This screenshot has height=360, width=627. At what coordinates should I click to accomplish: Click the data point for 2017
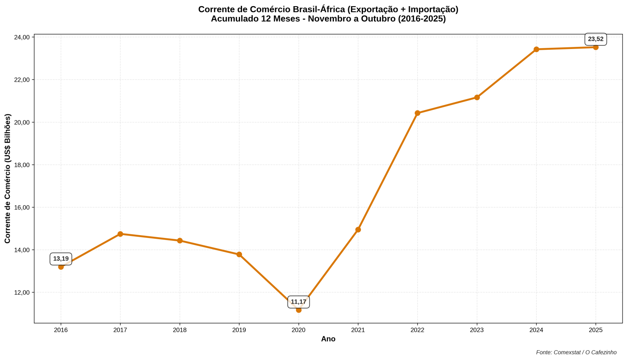tap(120, 234)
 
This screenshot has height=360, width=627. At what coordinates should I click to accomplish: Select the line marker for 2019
tap(239, 254)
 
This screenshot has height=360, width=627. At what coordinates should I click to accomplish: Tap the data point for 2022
tap(417, 113)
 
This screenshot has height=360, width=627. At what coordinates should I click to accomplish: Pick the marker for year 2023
tap(477, 98)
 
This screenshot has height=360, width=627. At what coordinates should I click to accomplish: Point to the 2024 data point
tap(536, 49)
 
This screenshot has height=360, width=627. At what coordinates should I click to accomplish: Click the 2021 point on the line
tap(358, 229)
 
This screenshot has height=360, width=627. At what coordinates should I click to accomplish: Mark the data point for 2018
tap(180, 240)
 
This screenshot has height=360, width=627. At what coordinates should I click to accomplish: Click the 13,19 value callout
tap(61, 259)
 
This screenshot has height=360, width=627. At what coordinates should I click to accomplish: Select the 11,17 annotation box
tap(298, 302)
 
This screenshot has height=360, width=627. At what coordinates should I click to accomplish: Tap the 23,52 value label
tap(596, 39)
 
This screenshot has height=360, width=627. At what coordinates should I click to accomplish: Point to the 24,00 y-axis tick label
tap(22, 38)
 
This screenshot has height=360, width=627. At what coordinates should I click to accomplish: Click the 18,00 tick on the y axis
tap(22, 165)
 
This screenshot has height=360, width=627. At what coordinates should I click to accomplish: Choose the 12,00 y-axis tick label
tap(22, 293)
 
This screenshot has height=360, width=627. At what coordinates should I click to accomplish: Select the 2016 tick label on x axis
tap(61, 330)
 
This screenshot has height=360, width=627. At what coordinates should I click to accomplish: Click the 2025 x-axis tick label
tap(596, 330)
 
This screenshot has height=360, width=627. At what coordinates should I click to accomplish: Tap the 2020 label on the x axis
tap(298, 330)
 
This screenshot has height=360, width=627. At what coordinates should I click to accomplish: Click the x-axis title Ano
tap(328, 339)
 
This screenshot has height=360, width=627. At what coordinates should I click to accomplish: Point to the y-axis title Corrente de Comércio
tap(7, 178)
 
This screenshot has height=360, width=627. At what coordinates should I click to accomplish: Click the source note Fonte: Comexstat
tap(576, 352)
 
